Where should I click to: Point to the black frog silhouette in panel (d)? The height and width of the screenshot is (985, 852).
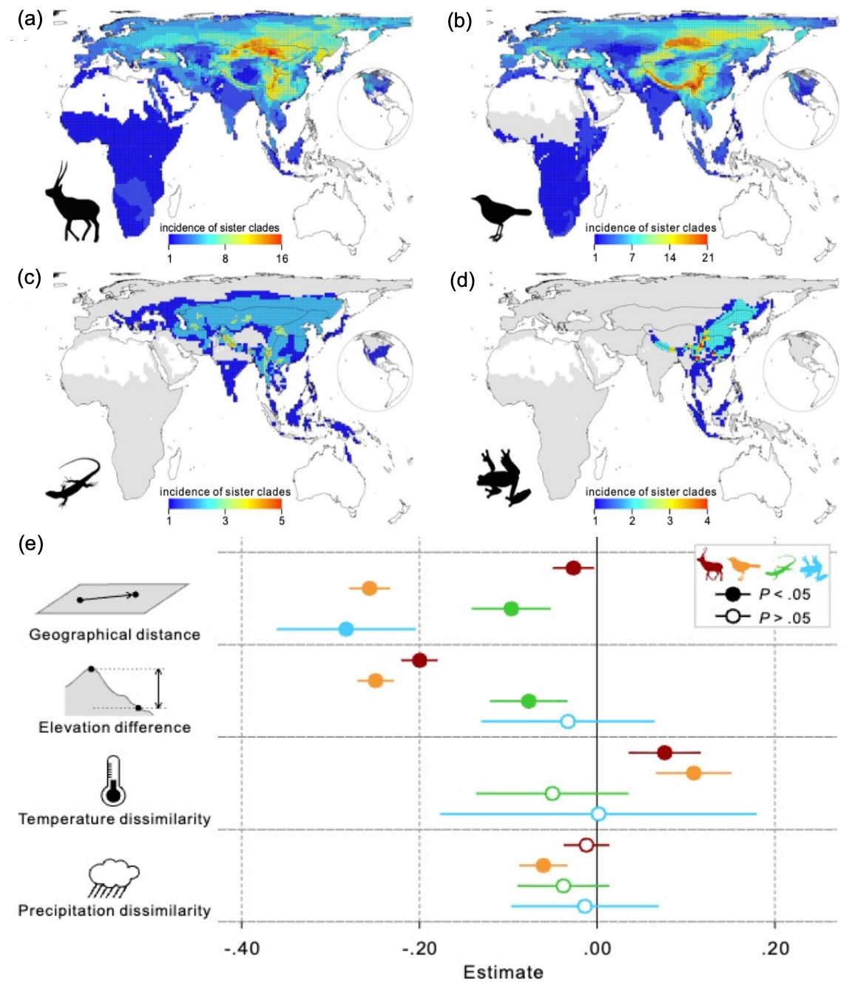coord(501,477)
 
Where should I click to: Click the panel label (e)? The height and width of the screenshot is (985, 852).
coord(30,545)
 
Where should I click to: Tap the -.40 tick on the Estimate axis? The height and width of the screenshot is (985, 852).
coord(242,948)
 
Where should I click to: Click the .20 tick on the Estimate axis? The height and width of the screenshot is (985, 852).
coord(774,948)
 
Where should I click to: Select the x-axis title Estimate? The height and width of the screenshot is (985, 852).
coord(503,972)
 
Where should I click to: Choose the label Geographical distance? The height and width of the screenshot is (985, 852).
coord(115,634)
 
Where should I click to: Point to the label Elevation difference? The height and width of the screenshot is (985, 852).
coord(115,728)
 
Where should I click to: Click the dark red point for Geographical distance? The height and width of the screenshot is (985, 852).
coord(572,568)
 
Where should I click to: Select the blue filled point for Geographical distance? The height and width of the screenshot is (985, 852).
coord(346,629)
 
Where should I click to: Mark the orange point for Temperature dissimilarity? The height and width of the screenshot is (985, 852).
coord(693,773)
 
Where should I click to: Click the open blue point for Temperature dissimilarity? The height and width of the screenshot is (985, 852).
coord(598,814)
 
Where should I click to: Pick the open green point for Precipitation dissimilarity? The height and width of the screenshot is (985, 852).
coord(563,886)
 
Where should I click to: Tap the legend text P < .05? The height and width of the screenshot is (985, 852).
coord(785,595)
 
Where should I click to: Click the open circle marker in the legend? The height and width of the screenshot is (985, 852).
coord(733,617)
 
